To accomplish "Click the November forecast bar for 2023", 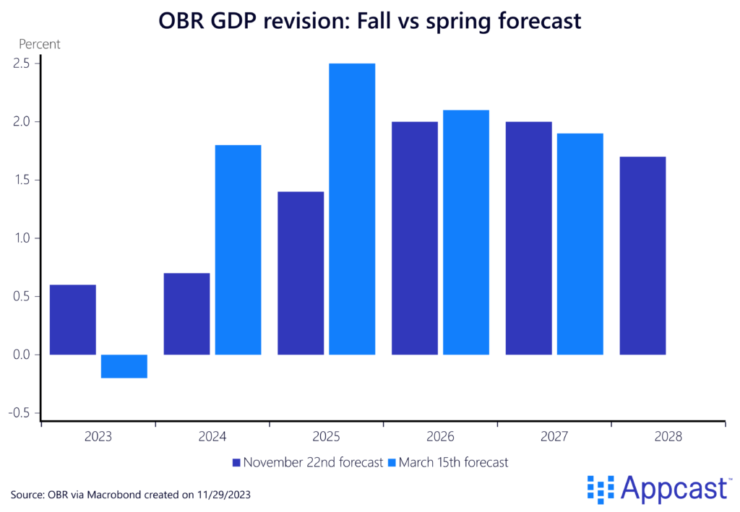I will pyautogui.click(x=73, y=319).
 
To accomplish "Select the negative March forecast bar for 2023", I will pyautogui.click(x=124, y=366).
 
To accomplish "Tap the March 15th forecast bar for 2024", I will pyautogui.click(x=238, y=249).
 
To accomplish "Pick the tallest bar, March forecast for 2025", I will pyautogui.click(x=352, y=209).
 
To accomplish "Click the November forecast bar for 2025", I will pyautogui.click(x=301, y=273).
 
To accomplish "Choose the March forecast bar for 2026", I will pyautogui.click(x=466, y=232).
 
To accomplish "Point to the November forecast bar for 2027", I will pyautogui.click(x=528, y=238).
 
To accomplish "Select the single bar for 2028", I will pyautogui.click(x=642, y=255).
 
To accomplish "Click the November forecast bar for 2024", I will pyautogui.click(x=186, y=313).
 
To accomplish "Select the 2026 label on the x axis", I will pyautogui.click(x=440, y=438).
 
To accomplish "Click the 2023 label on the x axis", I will pyautogui.click(x=98, y=438).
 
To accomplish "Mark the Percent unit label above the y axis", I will pyautogui.click(x=39, y=44).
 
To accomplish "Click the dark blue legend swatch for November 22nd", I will pyautogui.click(x=236, y=463).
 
